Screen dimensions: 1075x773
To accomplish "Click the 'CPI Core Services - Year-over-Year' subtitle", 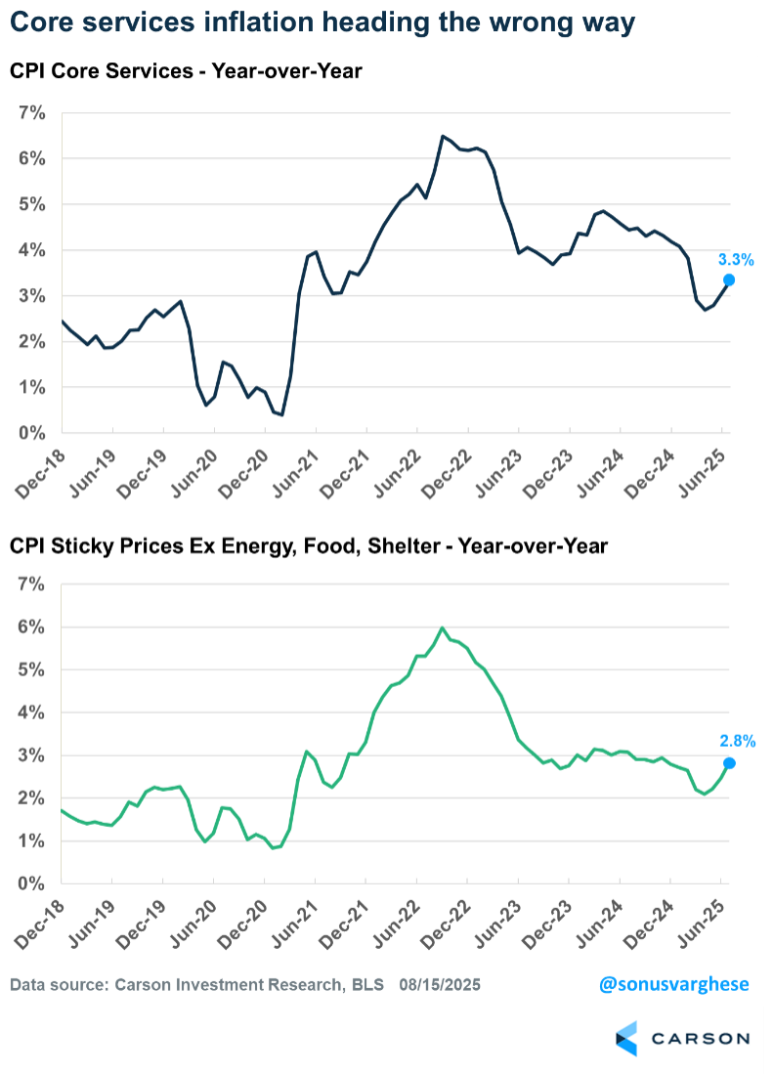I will pyautogui.click(x=186, y=70).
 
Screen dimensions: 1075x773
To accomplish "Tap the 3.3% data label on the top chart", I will pyautogui.click(x=736, y=260).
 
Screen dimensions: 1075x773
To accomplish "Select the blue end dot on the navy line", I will pyautogui.click(x=729, y=280).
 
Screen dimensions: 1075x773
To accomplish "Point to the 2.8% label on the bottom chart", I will pyautogui.click(x=736, y=742).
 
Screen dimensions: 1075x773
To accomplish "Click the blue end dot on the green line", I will pyautogui.click(x=729, y=763).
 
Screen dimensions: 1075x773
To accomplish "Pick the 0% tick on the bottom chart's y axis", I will pyautogui.click(x=33, y=884).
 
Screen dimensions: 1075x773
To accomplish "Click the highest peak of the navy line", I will pyautogui.click(x=443, y=136).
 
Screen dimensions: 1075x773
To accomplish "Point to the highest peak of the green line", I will pyautogui.click(x=443, y=627).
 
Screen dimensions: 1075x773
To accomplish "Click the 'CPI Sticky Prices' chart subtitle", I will pyautogui.click(x=309, y=546).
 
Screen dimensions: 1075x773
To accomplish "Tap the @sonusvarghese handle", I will pyautogui.click(x=674, y=984).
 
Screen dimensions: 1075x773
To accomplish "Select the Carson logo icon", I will pyautogui.click(x=626, y=1038).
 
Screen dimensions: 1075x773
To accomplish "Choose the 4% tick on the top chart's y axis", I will pyautogui.click(x=33, y=250).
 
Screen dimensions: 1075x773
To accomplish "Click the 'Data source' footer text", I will pyautogui.click(x=195, y=984).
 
